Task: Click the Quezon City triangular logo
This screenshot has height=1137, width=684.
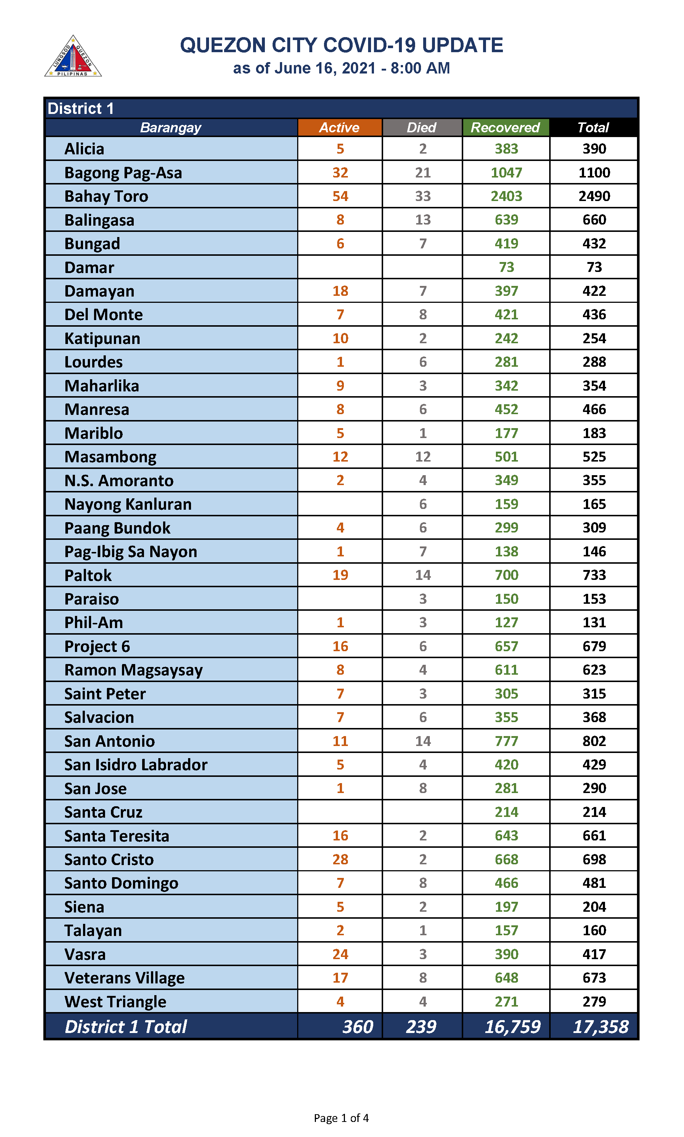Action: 73,57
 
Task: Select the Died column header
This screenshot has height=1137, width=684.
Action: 422,127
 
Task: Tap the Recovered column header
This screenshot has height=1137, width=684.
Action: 505,127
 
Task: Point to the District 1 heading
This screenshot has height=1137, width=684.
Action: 81,108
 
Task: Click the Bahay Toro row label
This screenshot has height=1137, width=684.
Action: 106,196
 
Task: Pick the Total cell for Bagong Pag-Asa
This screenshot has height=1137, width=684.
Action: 594,172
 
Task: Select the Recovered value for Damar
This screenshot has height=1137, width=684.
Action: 506,267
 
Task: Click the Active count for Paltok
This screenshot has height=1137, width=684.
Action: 340,575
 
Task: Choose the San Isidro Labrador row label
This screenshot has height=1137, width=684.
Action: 136,764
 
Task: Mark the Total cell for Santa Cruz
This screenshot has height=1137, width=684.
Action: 594,812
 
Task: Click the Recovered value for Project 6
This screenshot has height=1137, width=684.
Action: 506,646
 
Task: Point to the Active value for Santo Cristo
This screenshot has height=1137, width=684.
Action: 340,860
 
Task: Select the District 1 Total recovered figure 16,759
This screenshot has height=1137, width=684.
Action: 512,1026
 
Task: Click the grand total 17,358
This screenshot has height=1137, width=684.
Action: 600,1026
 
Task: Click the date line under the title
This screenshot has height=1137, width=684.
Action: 341,68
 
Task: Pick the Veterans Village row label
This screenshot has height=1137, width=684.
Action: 125,978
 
